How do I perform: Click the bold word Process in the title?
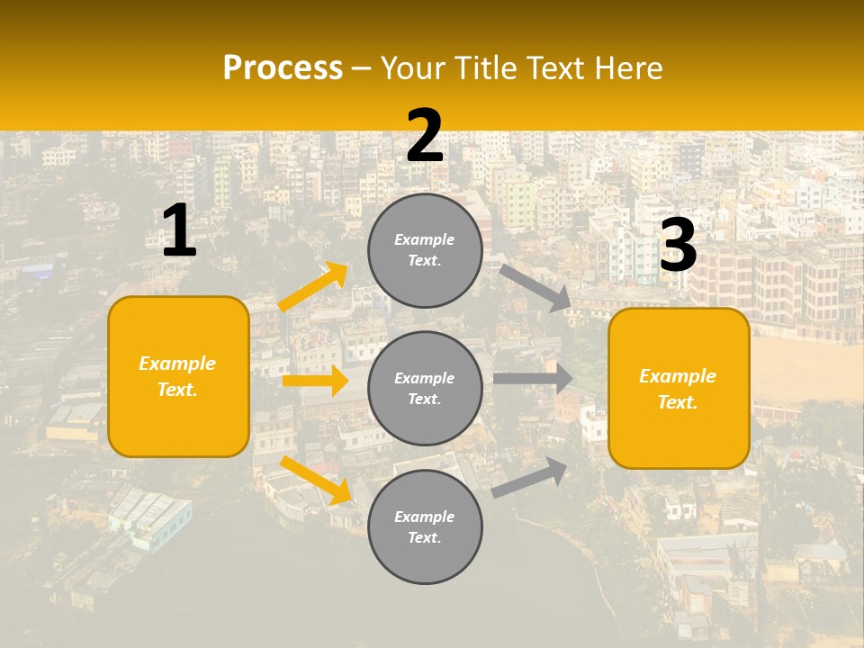283,68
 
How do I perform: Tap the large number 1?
179,231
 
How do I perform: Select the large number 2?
425,136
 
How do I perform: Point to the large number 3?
678,246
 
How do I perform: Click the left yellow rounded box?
178,376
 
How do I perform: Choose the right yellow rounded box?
679,388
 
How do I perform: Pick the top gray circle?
425,250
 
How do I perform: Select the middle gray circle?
425,388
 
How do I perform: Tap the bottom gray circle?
425,526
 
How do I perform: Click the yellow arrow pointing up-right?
313,287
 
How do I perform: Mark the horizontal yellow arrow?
315,381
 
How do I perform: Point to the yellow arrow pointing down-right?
315,480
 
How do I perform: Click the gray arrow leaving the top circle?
535,287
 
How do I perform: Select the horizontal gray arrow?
533,379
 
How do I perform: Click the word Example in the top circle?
425,240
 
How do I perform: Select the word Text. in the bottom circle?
425,537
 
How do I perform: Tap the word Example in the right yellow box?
678,376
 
